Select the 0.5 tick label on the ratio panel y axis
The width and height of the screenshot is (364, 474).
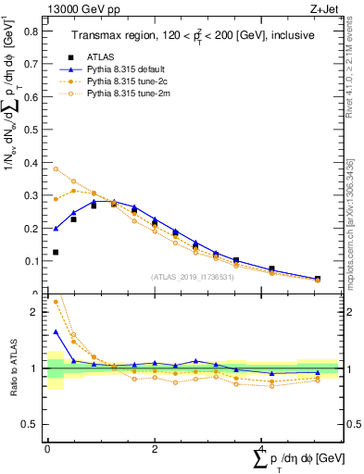coord(33,424)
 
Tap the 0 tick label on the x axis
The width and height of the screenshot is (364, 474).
coord(47,449)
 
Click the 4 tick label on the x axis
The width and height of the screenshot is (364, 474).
coord(262,449)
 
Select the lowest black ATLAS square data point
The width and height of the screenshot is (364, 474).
coord(56,252)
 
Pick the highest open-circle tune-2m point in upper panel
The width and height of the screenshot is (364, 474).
coord(56,168)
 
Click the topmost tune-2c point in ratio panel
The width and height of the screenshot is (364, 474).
coord(56,301)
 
